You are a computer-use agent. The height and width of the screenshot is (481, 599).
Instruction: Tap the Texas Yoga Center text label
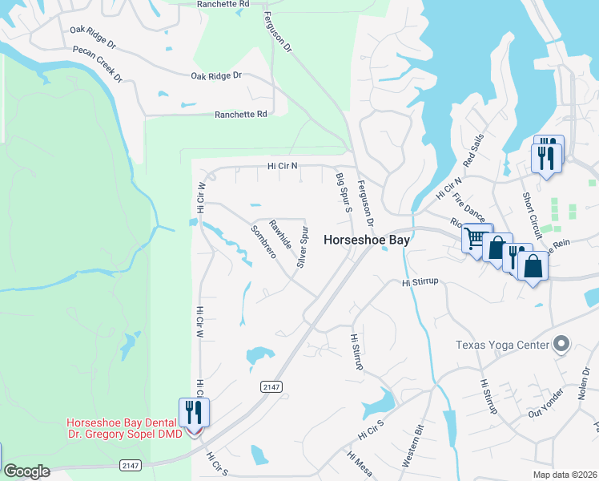(x=502, y=346)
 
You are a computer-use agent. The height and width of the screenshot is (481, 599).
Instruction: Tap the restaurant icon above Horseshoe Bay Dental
(x=194, y=412)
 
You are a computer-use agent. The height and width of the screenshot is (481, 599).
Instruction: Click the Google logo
(x=26, y=471)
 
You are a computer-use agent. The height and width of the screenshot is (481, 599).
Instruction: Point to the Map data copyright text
(x=564, y=475)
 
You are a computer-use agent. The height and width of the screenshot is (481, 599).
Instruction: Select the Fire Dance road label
(x=469, y=205)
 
